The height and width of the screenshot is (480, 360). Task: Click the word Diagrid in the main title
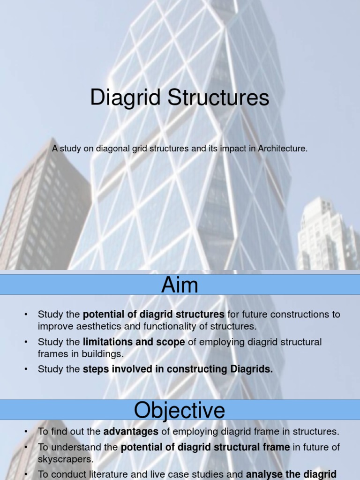[x=119, y=98]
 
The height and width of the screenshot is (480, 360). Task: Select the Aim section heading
[x=180, y=285]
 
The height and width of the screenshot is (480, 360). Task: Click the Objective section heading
[x=180, y=411]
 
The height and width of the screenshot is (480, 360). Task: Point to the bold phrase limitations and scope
[x=134, y=342]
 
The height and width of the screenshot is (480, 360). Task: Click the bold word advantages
[x=131, y=431]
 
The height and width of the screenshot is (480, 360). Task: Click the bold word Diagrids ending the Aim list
[x=251, y=369]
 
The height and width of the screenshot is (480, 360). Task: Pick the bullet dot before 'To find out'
[x=27, y=432]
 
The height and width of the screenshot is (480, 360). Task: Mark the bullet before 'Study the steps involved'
[x=27, y=370]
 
